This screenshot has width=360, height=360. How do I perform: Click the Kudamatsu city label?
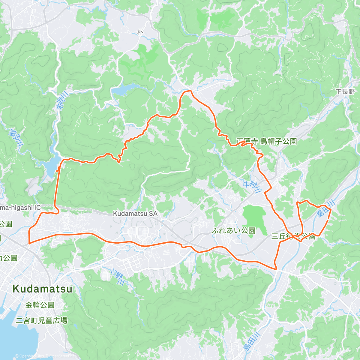pyautogui.click(x=42, y=289)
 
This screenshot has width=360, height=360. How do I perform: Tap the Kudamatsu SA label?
pyautogui.click(x=135, y=214)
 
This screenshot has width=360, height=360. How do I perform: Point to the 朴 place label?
pyautogui.click(x=140, y=32)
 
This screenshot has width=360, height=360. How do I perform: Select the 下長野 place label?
pyautogui.click(x=345, y=91)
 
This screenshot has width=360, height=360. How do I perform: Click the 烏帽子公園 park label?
pyautogui.click(x=278, y=141)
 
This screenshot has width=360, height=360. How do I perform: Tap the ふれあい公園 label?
pyautogui.click(x=233, y=230)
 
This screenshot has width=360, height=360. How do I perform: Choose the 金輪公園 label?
pyautogui.click(x=40, y=305)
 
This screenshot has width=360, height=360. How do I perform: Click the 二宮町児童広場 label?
pyautogui.click(x=41, y=320)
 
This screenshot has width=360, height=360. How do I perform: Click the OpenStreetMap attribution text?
pyautogui.click(x=61, y=356)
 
